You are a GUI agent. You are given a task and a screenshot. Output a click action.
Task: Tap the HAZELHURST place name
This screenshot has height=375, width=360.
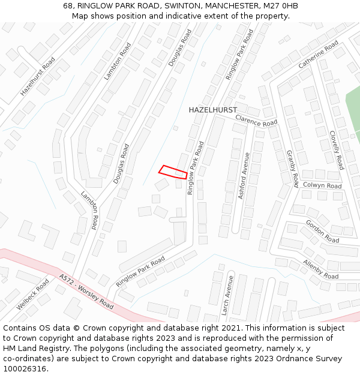pos(213,110)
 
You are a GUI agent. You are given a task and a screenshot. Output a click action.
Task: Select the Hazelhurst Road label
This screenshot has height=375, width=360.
pos(38,77)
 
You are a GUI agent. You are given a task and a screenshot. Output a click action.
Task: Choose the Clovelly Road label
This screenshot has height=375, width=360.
pos(336,150)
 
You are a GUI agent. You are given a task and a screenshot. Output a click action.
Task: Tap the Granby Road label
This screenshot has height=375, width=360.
pos(292,169)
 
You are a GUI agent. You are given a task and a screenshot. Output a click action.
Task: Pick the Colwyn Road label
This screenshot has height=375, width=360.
pos(322,186)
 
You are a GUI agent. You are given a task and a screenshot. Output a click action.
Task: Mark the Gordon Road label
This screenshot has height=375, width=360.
pos(322,231)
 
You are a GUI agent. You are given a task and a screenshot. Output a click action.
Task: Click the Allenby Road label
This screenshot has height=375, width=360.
pos(320,269)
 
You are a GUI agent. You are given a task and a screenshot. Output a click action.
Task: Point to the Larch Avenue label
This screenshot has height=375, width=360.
pos(226,296)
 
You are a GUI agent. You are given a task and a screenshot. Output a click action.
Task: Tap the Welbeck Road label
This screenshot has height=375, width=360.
pos(33,294)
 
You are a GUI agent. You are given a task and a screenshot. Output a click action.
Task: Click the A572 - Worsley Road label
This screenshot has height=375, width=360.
pos(86,292)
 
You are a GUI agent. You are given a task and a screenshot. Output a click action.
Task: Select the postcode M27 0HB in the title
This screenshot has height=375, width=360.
pos(281,6)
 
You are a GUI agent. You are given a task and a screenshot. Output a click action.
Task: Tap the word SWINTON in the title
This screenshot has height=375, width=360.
pos(165,6)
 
